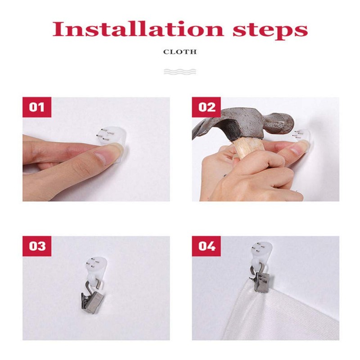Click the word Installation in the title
pos(138,29)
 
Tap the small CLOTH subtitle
pos(180,52)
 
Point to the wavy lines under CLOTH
pos(180,72)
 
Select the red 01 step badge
pos(37,107)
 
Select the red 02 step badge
pos(206,107)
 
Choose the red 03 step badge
pos(37,246)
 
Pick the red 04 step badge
pos(206,246)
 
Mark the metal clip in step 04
pos(261,280)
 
